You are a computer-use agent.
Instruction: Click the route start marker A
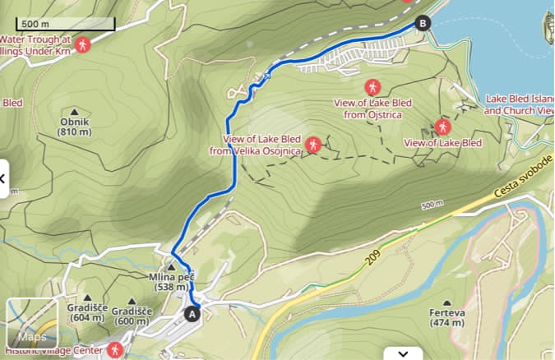[x=193, y=313]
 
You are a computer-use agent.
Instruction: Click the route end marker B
[x=423, y=24]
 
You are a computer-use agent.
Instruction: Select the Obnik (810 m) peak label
[x=75, y=127]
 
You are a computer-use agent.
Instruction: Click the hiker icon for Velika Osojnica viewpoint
[x=312, y=145]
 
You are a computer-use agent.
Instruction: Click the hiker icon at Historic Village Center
[x=116, y=351]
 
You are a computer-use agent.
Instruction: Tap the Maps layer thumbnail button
[x=32, y=324]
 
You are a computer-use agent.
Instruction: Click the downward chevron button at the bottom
[x=403, y=353]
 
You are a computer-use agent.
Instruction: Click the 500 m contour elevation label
[x=431, y=205]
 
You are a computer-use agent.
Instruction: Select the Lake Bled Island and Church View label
[x=520, y=104]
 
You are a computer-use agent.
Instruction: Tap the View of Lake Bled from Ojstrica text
[x=372, y=108]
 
